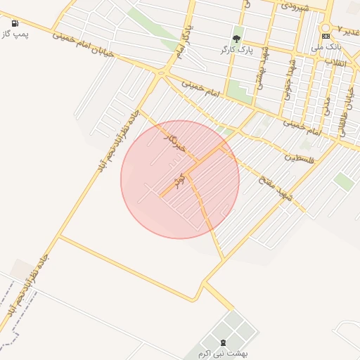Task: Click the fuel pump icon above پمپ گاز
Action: point(15,23)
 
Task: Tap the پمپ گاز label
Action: point(15,34)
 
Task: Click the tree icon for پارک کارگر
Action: point(236,39)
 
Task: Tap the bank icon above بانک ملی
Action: point(326,36)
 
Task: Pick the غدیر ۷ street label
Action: point(347,30)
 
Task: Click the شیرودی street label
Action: point(295,5)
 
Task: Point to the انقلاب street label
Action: point(337,63)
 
